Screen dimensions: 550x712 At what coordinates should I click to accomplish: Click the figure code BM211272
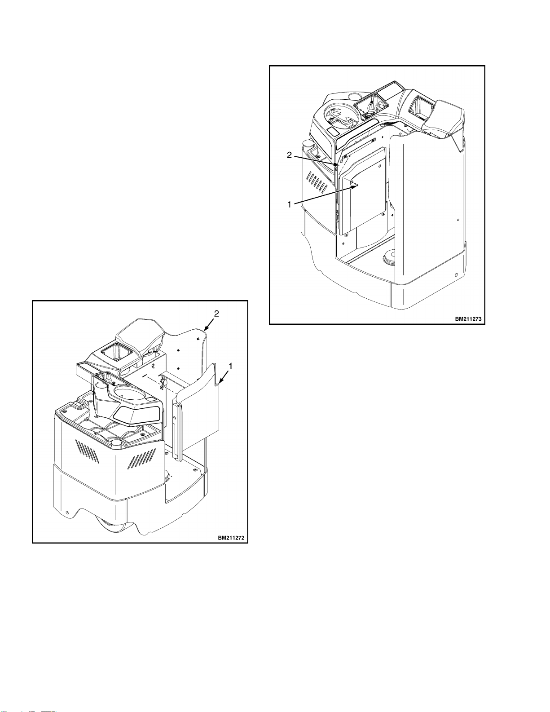pyautogui.click(x=231, y=537)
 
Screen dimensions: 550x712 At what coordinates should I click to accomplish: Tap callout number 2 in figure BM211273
pyautogui.click(x=289, y=155)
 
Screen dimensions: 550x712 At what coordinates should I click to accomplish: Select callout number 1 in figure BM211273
pyautogui.click(x=289, y=204)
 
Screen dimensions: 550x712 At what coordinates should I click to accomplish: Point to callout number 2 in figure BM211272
pyautogui.click(x=216, y=314)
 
